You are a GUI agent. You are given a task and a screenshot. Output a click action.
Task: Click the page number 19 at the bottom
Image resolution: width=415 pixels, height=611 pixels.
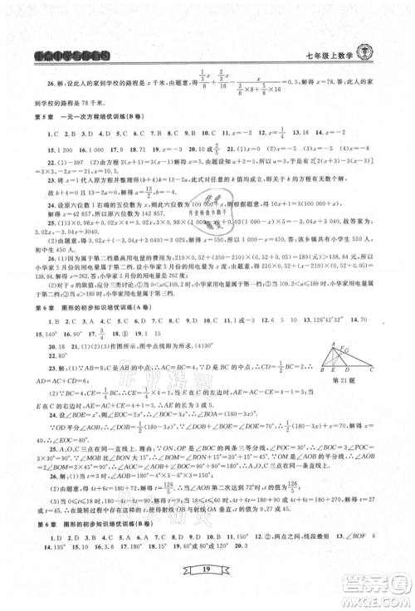pyautogui.click(x=207, y=566)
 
